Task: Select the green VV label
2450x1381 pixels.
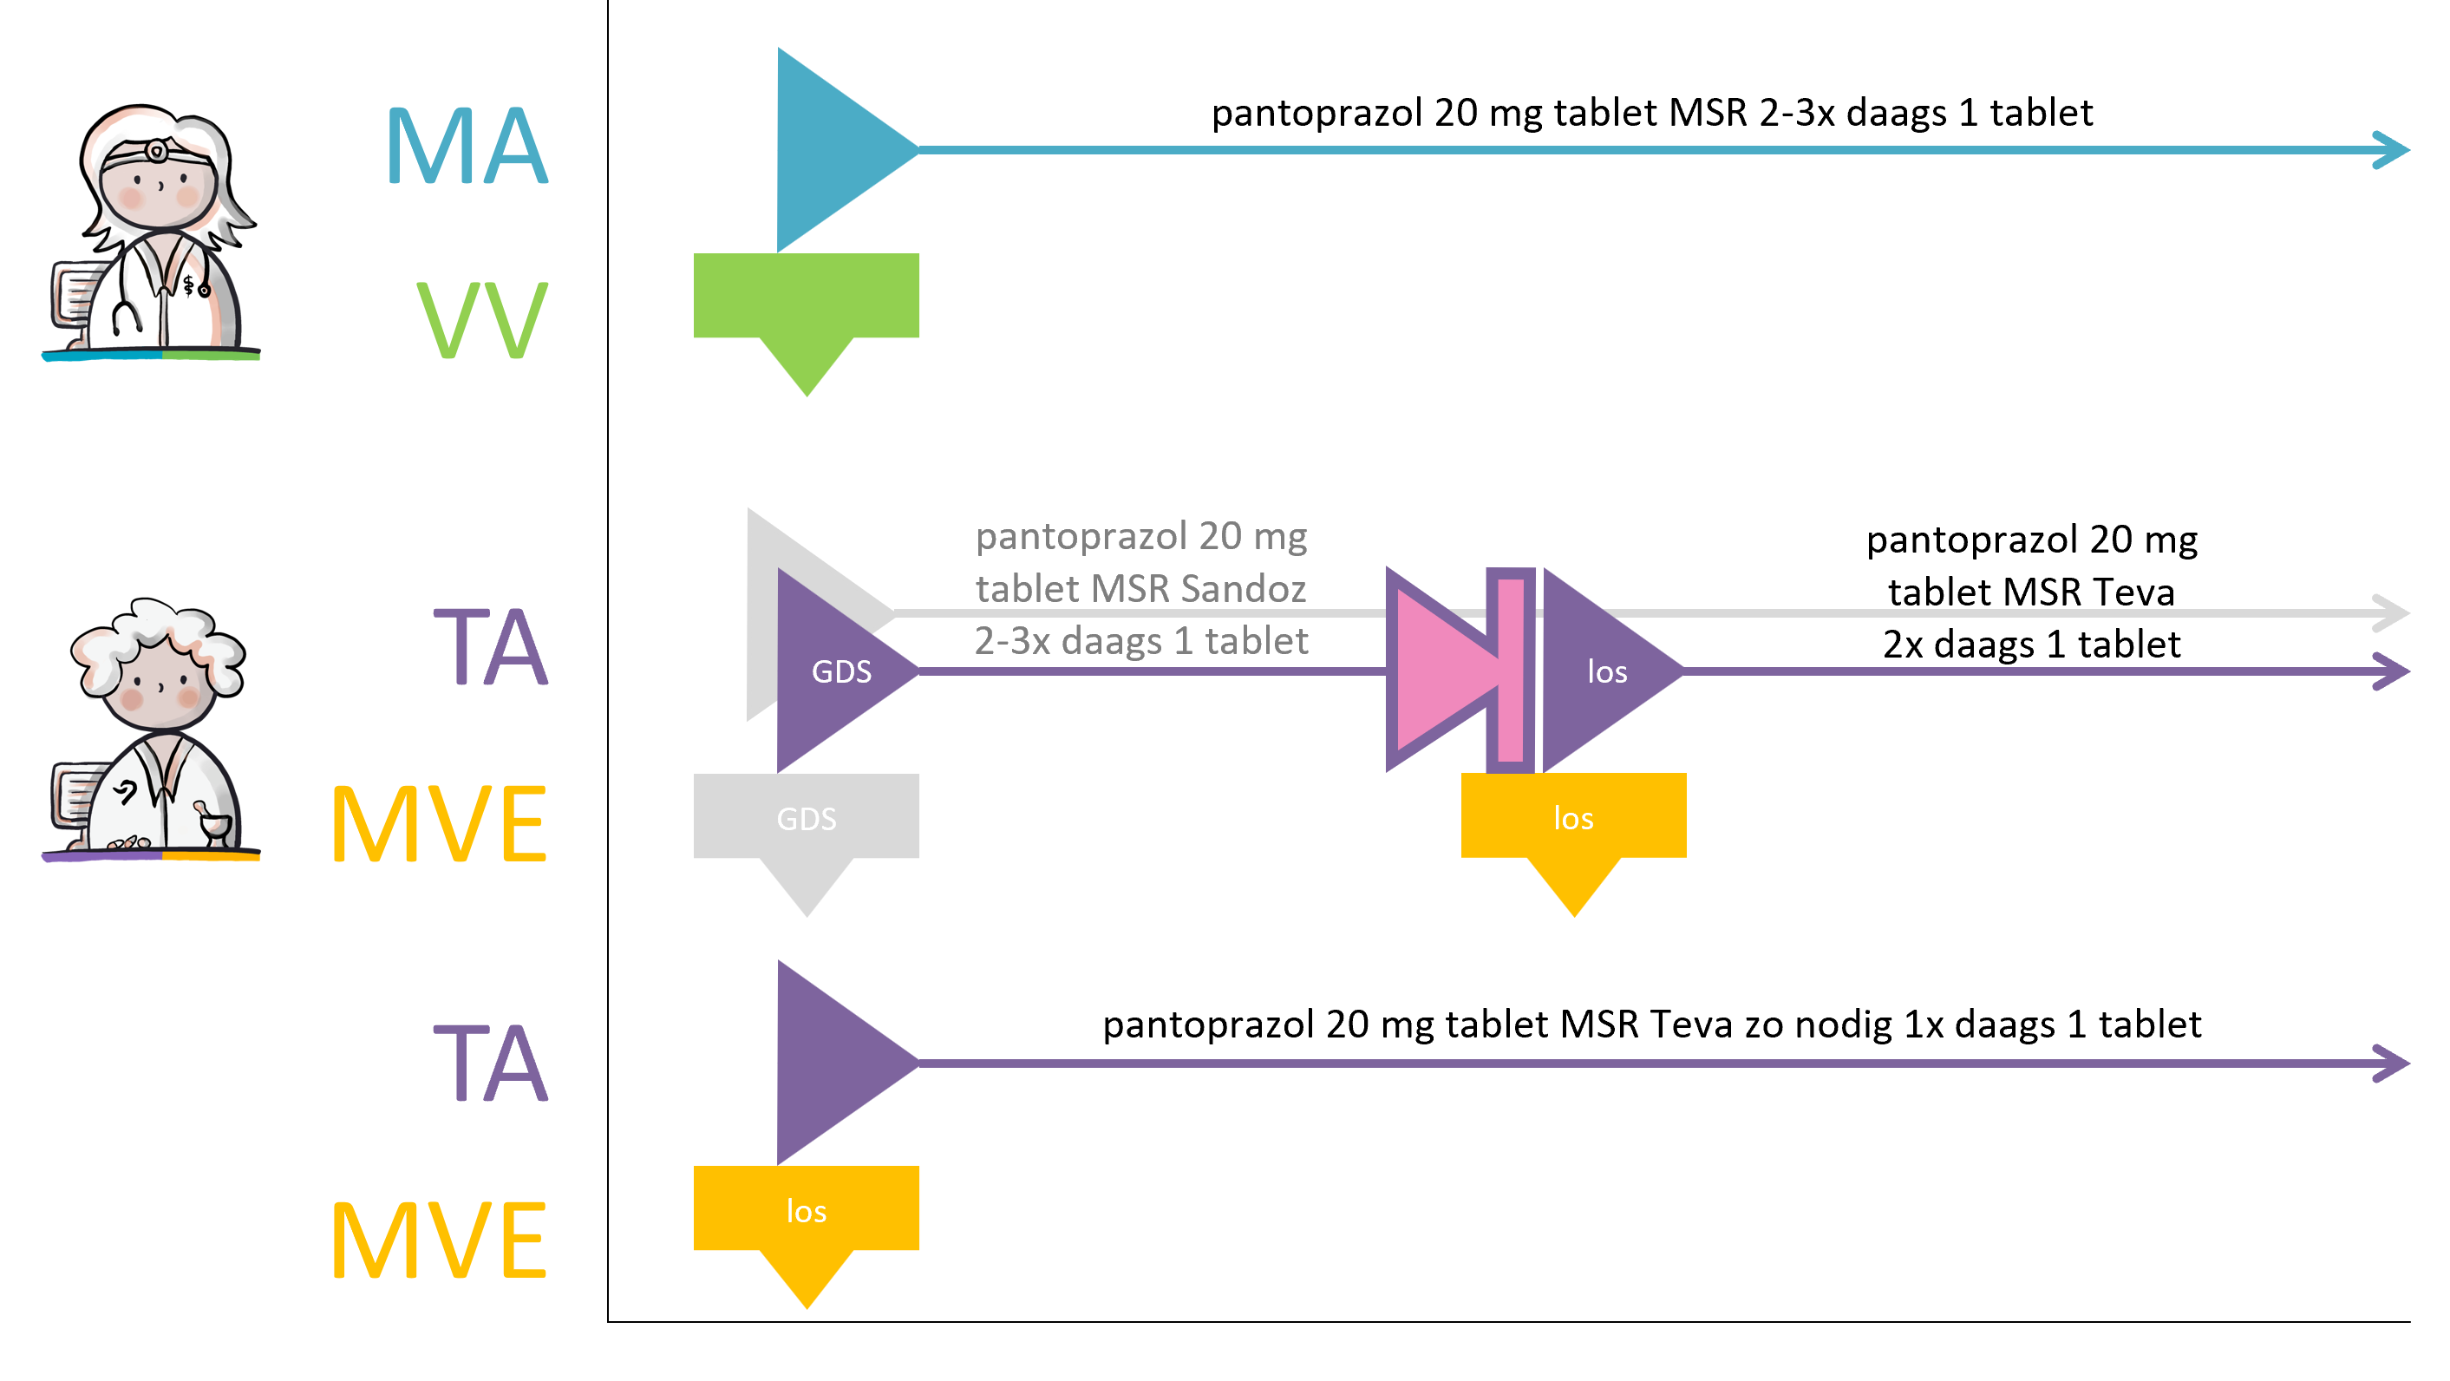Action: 482,320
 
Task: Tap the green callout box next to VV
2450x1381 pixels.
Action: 807,297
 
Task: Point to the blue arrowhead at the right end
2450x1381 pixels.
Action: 2391,150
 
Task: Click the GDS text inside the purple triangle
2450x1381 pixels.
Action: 840,672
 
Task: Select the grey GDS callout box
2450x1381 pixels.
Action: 807,818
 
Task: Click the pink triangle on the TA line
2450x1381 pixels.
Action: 1436,670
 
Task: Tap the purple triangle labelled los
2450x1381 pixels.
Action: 1597,671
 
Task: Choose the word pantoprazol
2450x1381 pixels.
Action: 1081,537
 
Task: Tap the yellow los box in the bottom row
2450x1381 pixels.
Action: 807,1210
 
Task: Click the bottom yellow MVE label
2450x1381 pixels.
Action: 439,1240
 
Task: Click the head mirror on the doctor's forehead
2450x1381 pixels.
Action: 157,151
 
